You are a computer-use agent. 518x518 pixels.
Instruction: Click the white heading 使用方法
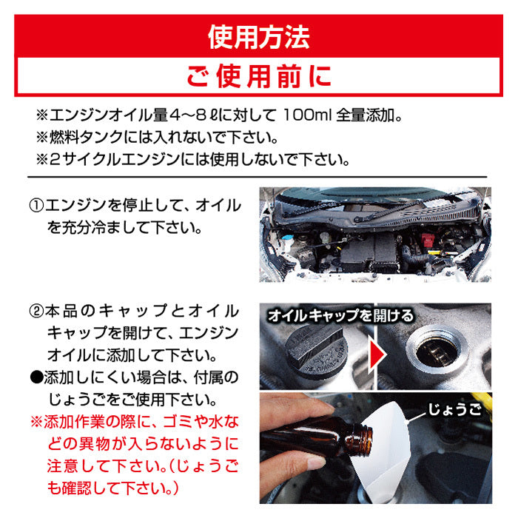[x=259, y=37]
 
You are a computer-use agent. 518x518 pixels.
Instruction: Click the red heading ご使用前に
[x=259, y=76]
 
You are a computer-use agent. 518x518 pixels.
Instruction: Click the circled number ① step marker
[x=36, y=206]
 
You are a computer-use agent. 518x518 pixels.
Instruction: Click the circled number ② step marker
[x=36, y=312]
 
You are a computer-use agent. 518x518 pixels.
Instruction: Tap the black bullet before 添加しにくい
[x=36, y=377]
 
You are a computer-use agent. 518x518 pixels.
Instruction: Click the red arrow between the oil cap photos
[x=377, y=354]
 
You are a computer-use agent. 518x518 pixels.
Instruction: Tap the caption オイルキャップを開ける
[x=340, y=316]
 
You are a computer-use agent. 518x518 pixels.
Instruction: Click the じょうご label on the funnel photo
[x=454, y=410]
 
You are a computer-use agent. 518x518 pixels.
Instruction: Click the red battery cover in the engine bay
[x=428, y=240]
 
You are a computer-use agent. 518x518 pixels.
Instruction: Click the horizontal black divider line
[x=258, y=178]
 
